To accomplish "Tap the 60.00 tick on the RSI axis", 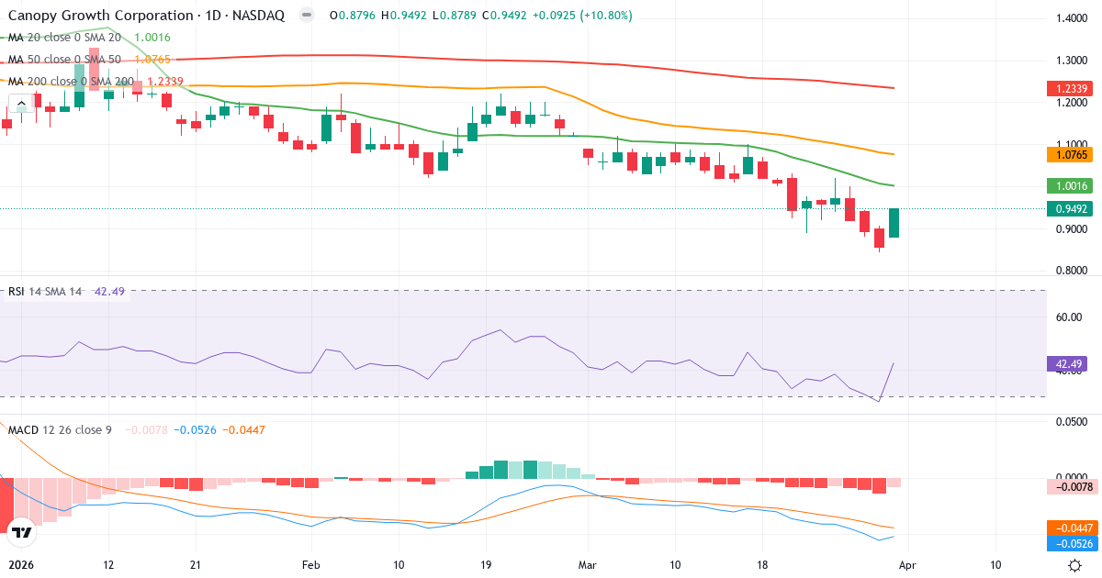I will [x=1070, y=317].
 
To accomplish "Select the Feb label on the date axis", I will [x=312, y=565].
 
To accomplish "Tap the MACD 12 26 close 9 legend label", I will [x=60, y=429].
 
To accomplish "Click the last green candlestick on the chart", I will [x=894, y=223].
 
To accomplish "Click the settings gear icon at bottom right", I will [x=1074, y=565].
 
